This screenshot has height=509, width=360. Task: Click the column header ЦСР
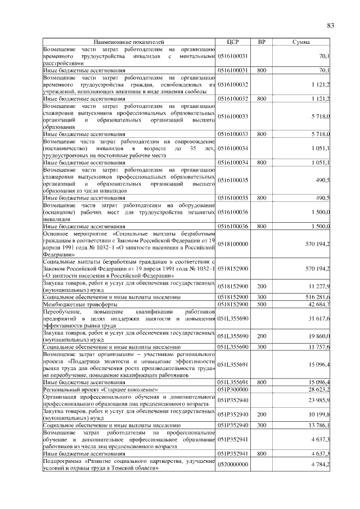tap(233, 42)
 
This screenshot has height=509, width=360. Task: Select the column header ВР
tap(261, 42)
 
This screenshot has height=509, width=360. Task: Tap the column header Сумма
tap(302, 42)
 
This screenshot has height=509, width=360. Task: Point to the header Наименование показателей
tap(129, 42)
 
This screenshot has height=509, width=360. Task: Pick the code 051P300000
tap(233, 389)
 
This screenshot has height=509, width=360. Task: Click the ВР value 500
tap(262, 304)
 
